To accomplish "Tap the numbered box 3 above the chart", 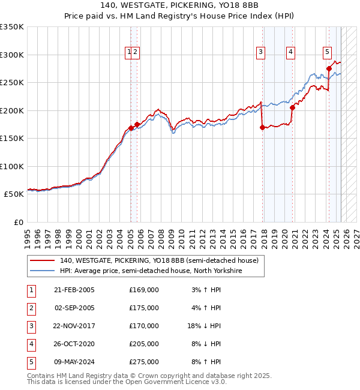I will pyautogui.click(x=261, y=52).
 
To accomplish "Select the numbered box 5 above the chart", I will pyautogui.click(x=328, y=52).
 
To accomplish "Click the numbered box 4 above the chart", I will pyautogui.click(x=290, y=52).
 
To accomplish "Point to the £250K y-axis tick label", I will pyautogui.click(x=12, y=83).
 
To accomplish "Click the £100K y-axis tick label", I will pyautogui.click(x=12, y=166).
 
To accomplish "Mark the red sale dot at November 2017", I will pyautogui.click(x=263, y=127).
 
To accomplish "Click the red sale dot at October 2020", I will pyautogui.click(x=293, y=108).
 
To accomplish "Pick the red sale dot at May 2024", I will pyautogui.click(x=329, y=68).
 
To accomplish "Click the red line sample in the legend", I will pyautogui.click(x=42, y=261).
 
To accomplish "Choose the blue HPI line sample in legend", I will pyautogui.click(x=42, y=271).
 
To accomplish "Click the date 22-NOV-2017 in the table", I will pyautogui.click(x=74, y=326).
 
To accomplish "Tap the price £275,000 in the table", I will pyautogui.click(x=144, y=362).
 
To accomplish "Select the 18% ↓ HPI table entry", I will pyautogui.click(x=204, y=326).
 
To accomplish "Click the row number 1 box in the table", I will pyautogui.click(x=31, y=290).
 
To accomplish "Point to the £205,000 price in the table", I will pyautogui.click(x=144, y=344).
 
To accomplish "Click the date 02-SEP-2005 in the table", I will pyautogui.click(x=74, y=308).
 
